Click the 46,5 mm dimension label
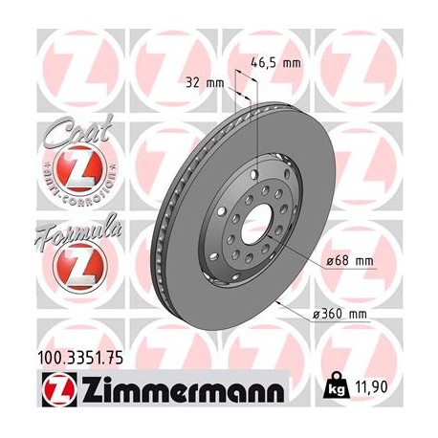tap(277, 62)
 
